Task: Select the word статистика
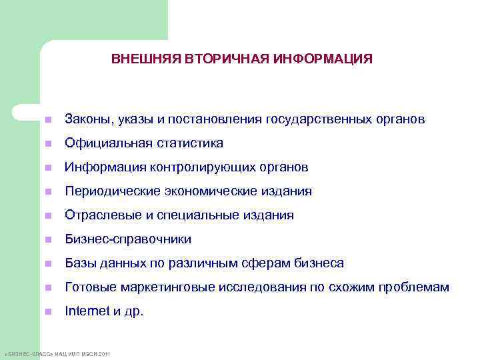tap(190, 143)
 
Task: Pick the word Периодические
tap(106, 191)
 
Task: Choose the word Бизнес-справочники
tap(127, 239)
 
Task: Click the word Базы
tap(79, 263)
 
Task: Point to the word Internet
tap(85, 311)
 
